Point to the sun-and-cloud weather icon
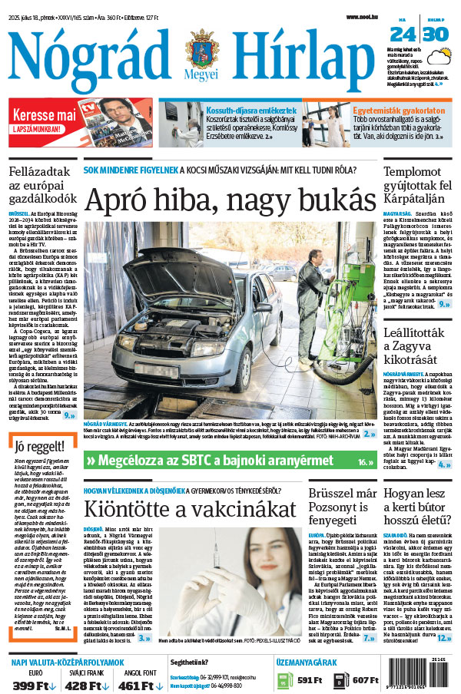click(440, 58)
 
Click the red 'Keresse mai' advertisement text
click(43, 115)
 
